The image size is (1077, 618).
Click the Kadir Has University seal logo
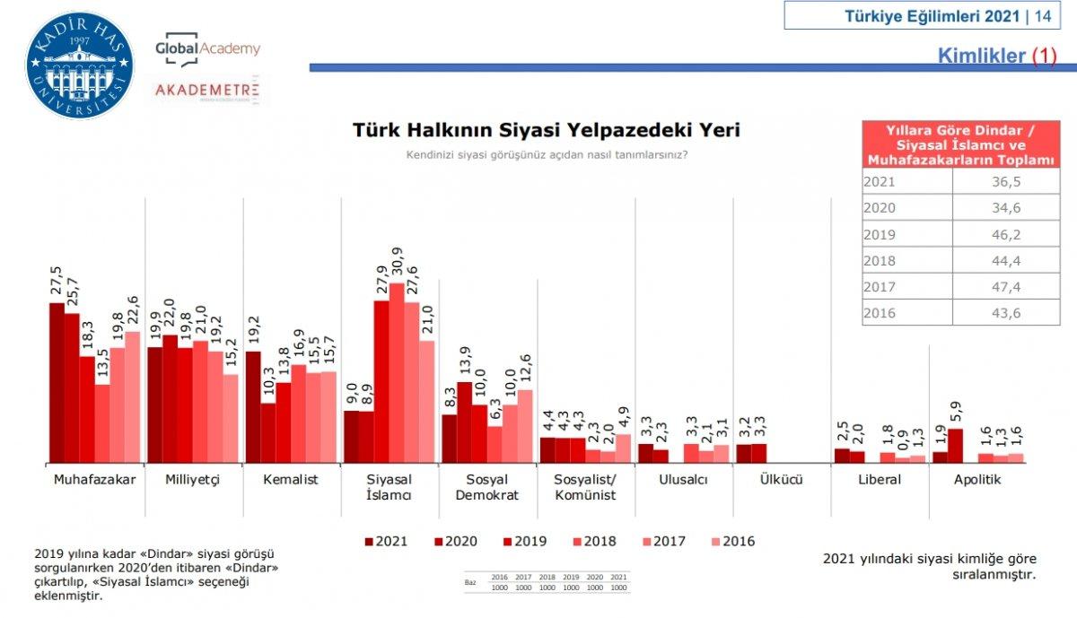click(80, 65)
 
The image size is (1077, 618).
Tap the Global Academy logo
click(207, 50)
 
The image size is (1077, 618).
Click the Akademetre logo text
click(206, 90)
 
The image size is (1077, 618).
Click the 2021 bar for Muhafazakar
click(57, 383)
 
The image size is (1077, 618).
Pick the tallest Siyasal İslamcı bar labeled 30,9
click(397, 373)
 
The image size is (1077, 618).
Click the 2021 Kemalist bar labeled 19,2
click(252, 407)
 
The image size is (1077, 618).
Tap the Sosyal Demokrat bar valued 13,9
click(464, 422)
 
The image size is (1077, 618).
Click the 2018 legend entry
click(594, 541)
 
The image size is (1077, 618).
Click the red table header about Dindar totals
click(959, 144)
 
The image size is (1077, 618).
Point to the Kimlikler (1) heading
click(997, 56)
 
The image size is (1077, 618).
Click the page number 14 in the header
click(1043, 15)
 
